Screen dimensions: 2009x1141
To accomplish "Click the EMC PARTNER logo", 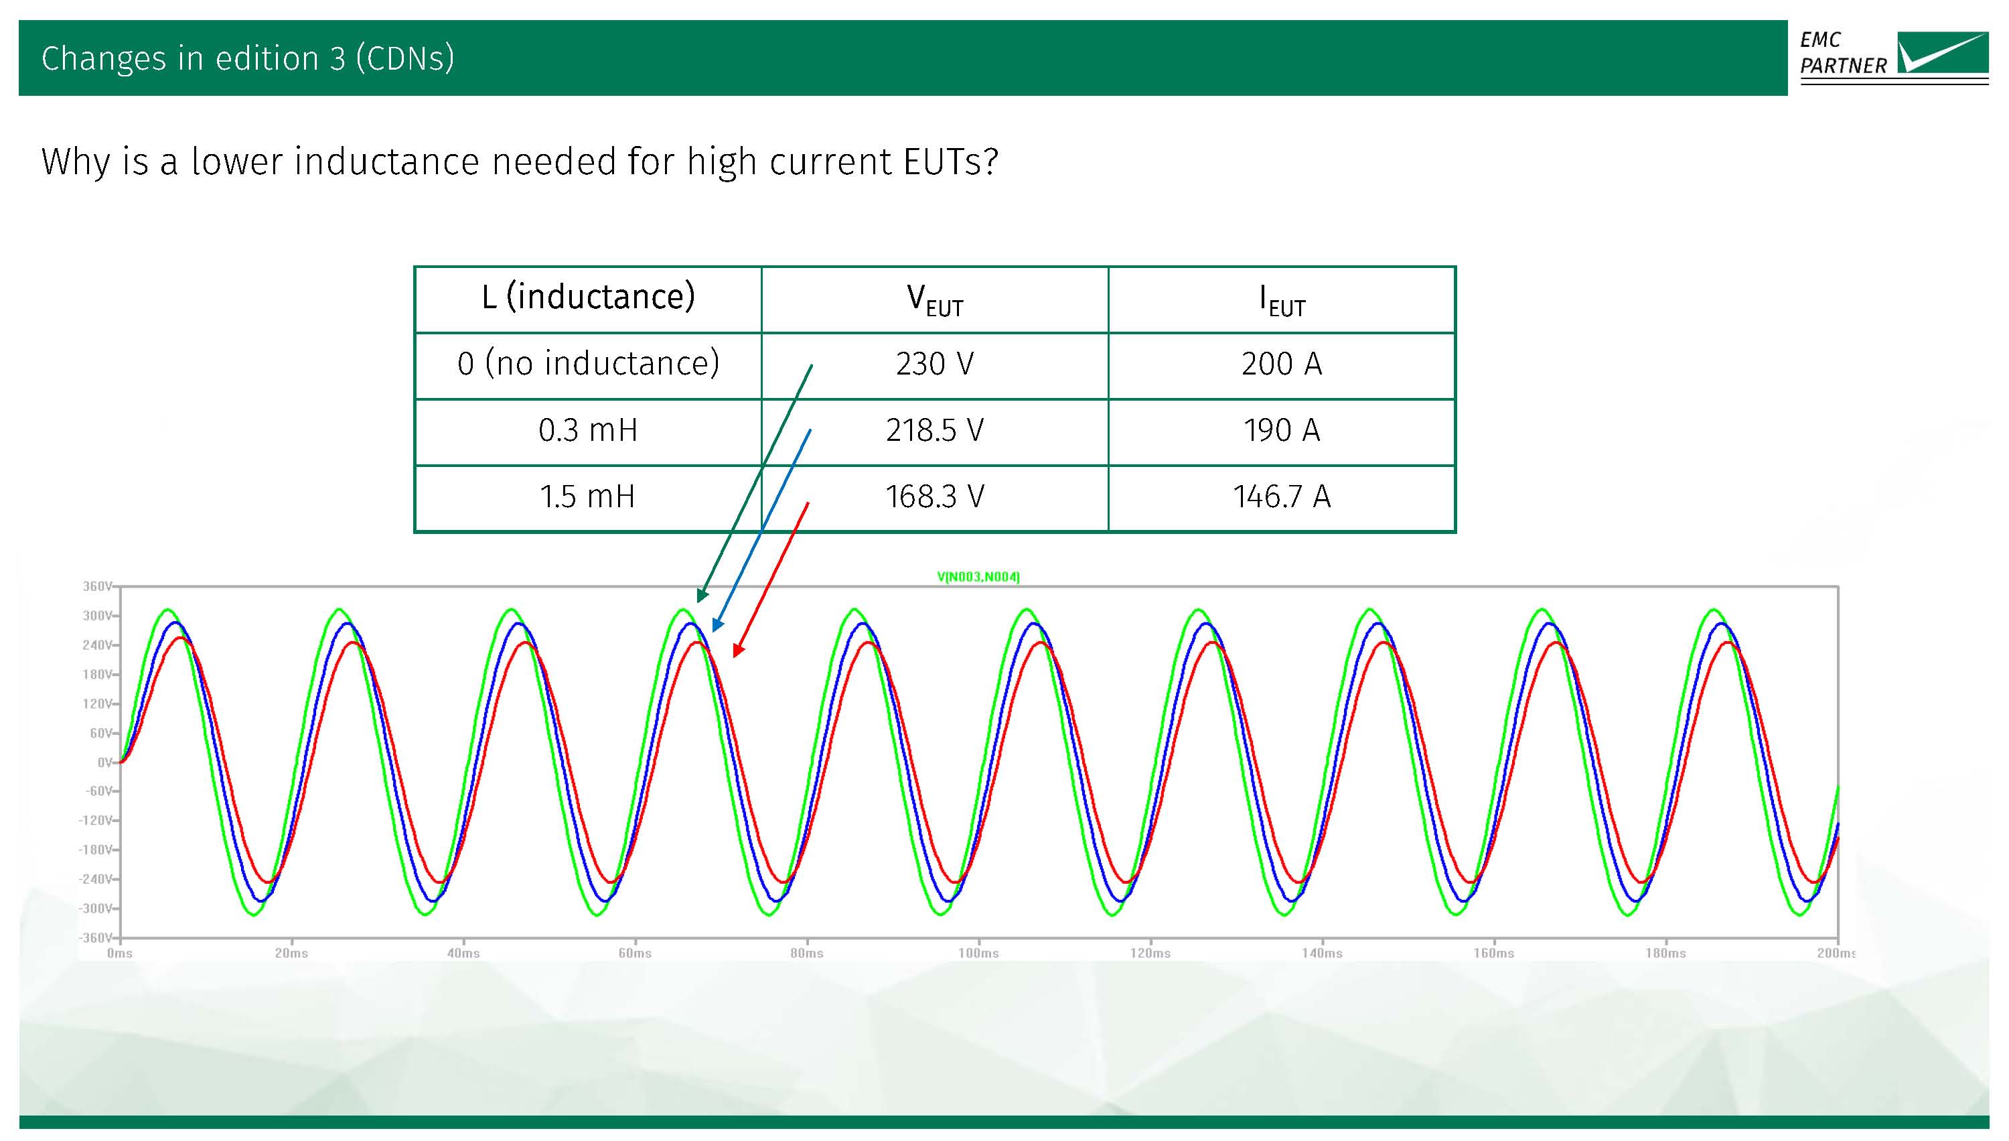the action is (x=1893, y=56).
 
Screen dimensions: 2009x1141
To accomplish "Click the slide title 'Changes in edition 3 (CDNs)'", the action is (x=248, y=59).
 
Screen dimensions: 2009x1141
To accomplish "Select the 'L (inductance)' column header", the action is (x=588, y=297).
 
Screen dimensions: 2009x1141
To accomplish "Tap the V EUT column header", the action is (x=934, y=300).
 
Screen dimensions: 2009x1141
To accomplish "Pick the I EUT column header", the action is (x=1282, y=300).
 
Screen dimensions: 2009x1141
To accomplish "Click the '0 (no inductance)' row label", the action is (x=588, y=364).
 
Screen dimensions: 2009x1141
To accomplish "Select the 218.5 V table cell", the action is (x=934, y=430).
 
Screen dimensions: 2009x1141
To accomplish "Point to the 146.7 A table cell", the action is (x=1282, y=497).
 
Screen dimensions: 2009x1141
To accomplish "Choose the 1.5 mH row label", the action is (x=587, y=497).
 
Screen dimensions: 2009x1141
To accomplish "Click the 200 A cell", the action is (x=1282, y=364).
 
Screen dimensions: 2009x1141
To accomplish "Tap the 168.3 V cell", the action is (x=934, y=497).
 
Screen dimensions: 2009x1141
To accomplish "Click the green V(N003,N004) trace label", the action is (x=978, y=577).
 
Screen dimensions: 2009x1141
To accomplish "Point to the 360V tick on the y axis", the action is (x=98, y=586).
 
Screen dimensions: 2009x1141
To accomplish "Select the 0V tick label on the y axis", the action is (x=105, y=762).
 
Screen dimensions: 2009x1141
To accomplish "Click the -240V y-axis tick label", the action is (x=96, y=879).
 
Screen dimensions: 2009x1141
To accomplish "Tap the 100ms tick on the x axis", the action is (x=978, y=953).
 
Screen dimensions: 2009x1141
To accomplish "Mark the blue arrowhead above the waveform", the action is (x=716, y=625).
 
